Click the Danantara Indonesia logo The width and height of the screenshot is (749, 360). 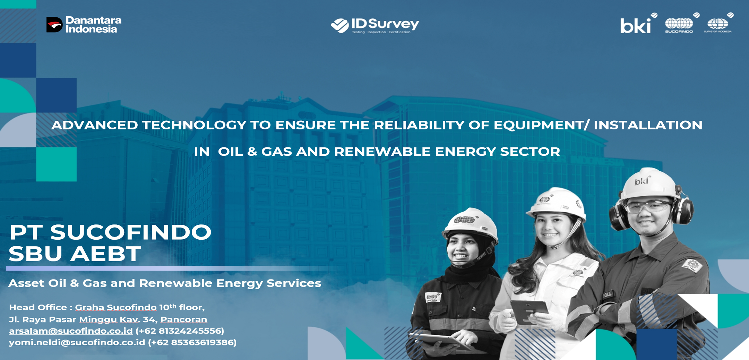tap(84, 25)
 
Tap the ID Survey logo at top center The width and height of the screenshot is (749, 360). tap(375, 25)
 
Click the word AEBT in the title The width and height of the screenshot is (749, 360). tap(106, 254)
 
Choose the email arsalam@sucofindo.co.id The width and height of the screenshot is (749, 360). tap(71, 331)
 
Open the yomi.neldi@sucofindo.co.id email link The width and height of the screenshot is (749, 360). tap(77, 342)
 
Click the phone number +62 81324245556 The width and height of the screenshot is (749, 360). tap(180, 331)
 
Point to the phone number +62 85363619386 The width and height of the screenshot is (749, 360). tap(192, 342)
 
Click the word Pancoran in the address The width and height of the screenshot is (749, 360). tap(183, 319)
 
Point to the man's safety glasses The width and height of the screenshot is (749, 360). tap(647, 207)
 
